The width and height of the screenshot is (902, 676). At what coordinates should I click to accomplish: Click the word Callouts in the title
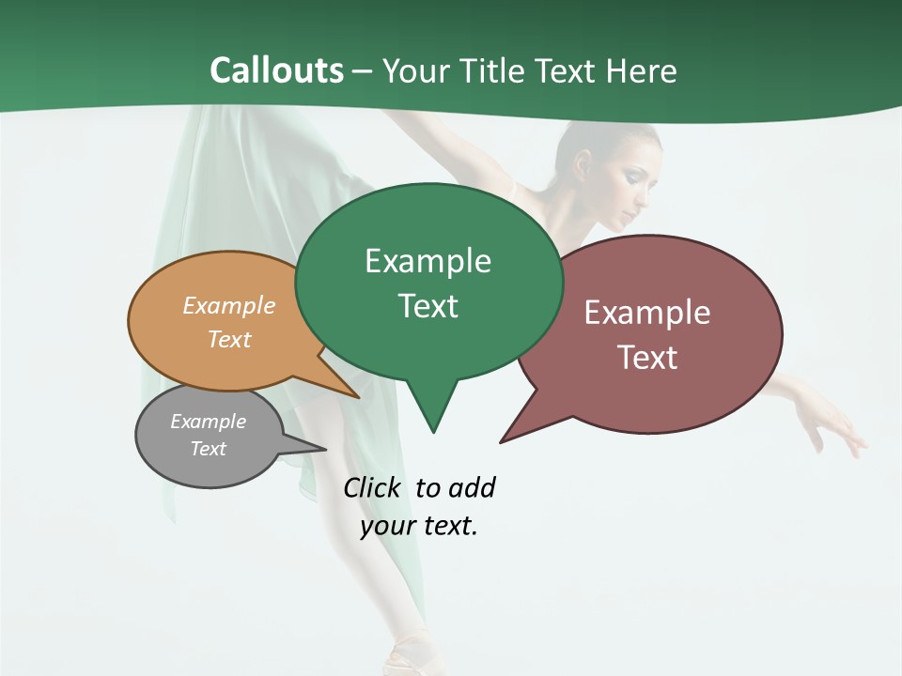(x=276, y=70)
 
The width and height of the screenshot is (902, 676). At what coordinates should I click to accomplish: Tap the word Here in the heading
(x=643, y=71)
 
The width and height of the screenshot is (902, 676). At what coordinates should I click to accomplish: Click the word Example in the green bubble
(x=428, y=261)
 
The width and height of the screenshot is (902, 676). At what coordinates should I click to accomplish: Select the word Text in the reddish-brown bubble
(x=647, y=358)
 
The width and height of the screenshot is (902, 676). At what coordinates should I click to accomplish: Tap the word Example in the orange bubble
(x=229, y=306)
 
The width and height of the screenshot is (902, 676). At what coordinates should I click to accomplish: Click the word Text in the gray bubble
(x=209, y=449)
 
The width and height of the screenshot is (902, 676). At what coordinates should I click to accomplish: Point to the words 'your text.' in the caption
(x=419, y=526)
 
